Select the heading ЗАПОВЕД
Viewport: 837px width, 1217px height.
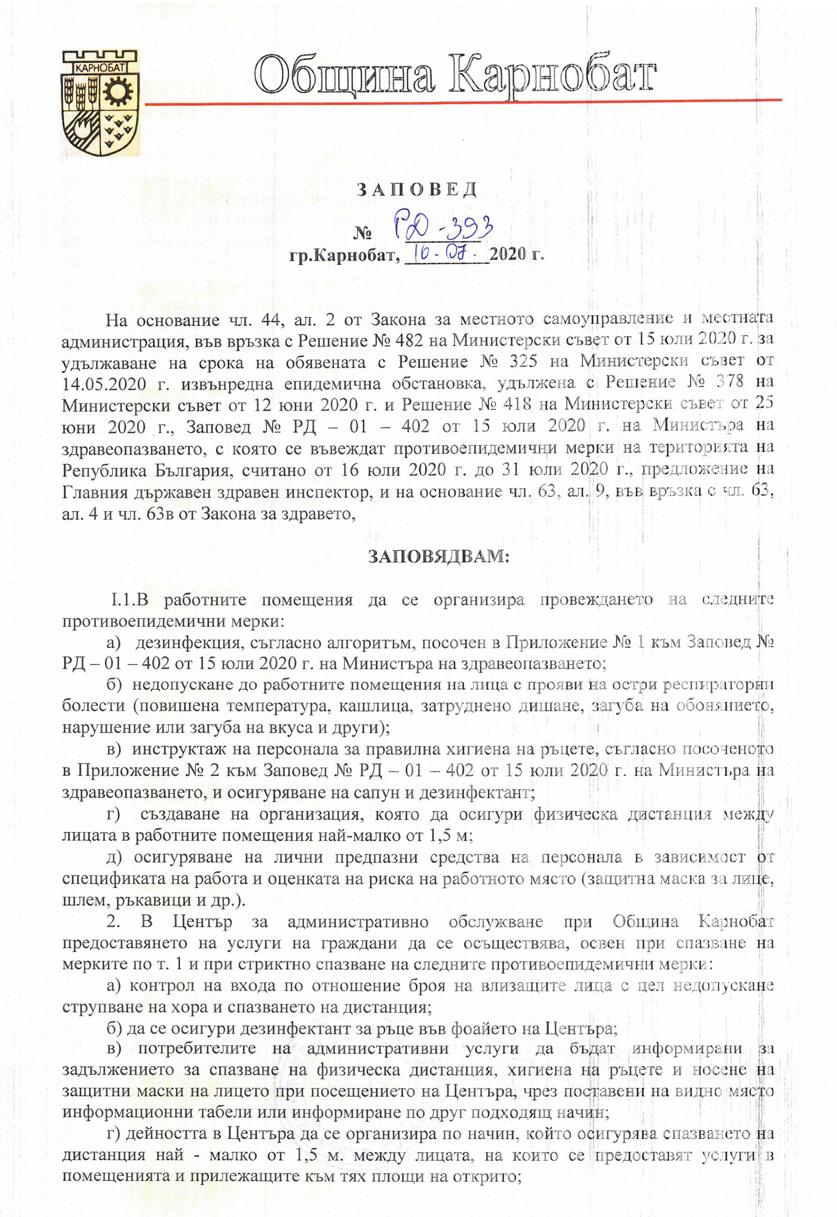click(417, 189)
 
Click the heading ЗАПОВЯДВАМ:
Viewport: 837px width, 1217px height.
click(438, 557)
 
